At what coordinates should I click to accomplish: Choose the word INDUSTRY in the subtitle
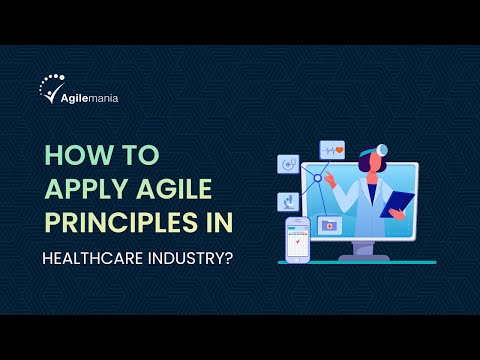197,257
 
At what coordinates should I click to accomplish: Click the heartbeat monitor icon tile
333,150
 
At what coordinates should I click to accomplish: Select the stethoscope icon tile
290,163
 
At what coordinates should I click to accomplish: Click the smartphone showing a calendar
297,240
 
